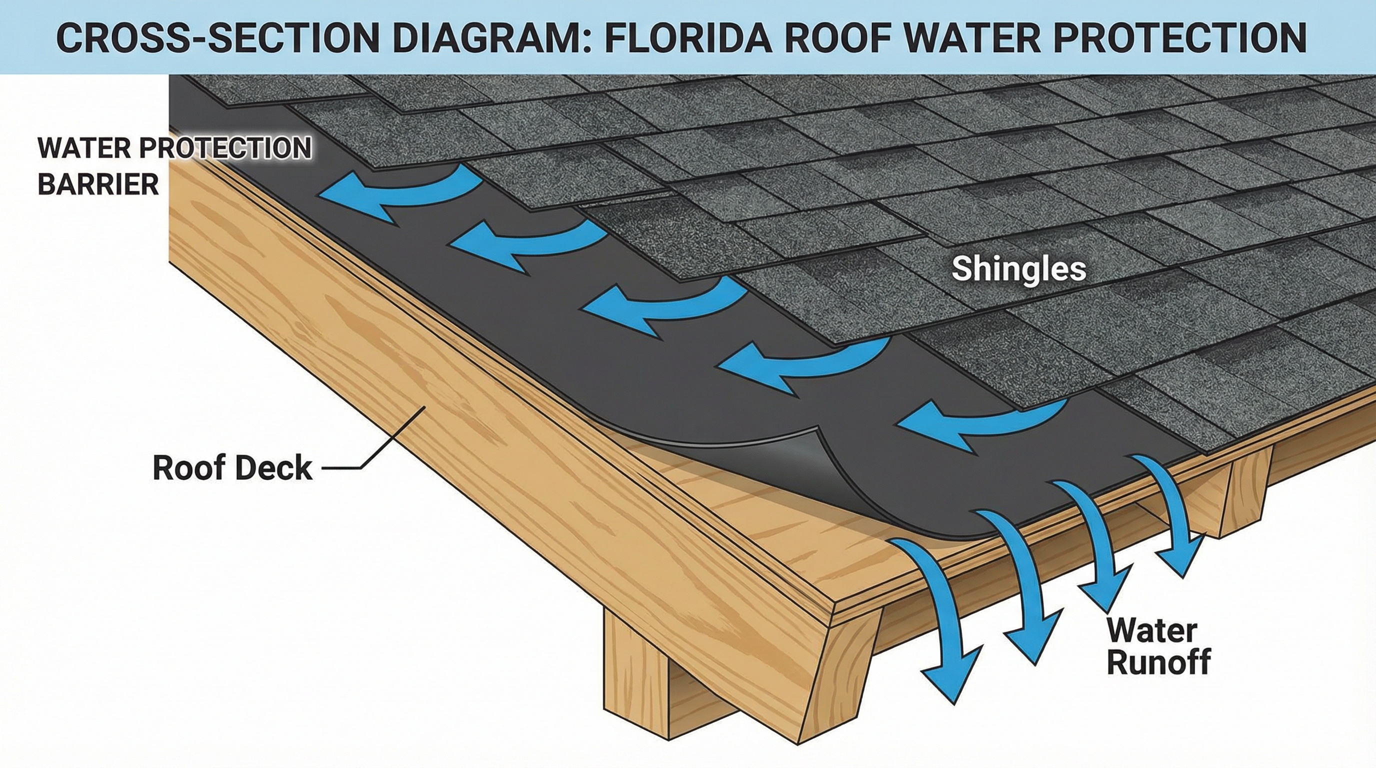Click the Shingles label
tap(1018, 268)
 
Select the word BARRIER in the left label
tap(98, 185)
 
